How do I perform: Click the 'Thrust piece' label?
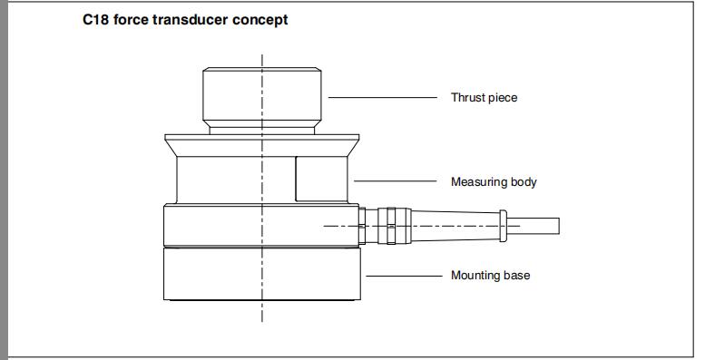coord(484,97)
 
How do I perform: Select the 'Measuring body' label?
coord(494,182)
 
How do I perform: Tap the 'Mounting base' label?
coord(490,275)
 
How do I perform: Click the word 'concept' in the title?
coord(262,19)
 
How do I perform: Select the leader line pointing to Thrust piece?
coord(381,96)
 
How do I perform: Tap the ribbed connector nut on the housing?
coord(391,225)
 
